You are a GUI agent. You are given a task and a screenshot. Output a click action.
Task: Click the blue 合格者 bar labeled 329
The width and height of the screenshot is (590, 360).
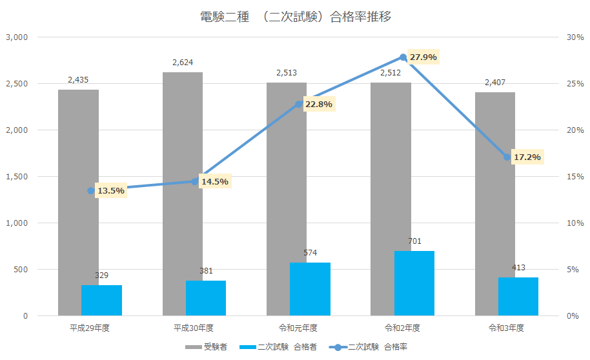point(101,300)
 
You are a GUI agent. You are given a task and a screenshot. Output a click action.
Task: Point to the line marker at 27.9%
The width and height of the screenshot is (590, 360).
point(403,57)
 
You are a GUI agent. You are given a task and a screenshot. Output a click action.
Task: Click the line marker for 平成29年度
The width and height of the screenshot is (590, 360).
point(91,190)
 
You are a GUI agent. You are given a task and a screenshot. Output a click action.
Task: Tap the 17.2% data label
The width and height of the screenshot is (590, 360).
point(527,157)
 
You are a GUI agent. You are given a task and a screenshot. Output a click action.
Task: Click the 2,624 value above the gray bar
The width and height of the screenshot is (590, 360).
point(183,63)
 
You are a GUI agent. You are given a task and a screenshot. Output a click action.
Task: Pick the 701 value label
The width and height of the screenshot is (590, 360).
point(414,241)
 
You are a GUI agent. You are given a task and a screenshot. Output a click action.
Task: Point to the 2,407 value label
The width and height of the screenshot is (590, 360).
point(495,82)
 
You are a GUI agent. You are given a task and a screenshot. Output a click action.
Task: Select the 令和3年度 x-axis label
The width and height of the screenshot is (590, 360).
point(507,328)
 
